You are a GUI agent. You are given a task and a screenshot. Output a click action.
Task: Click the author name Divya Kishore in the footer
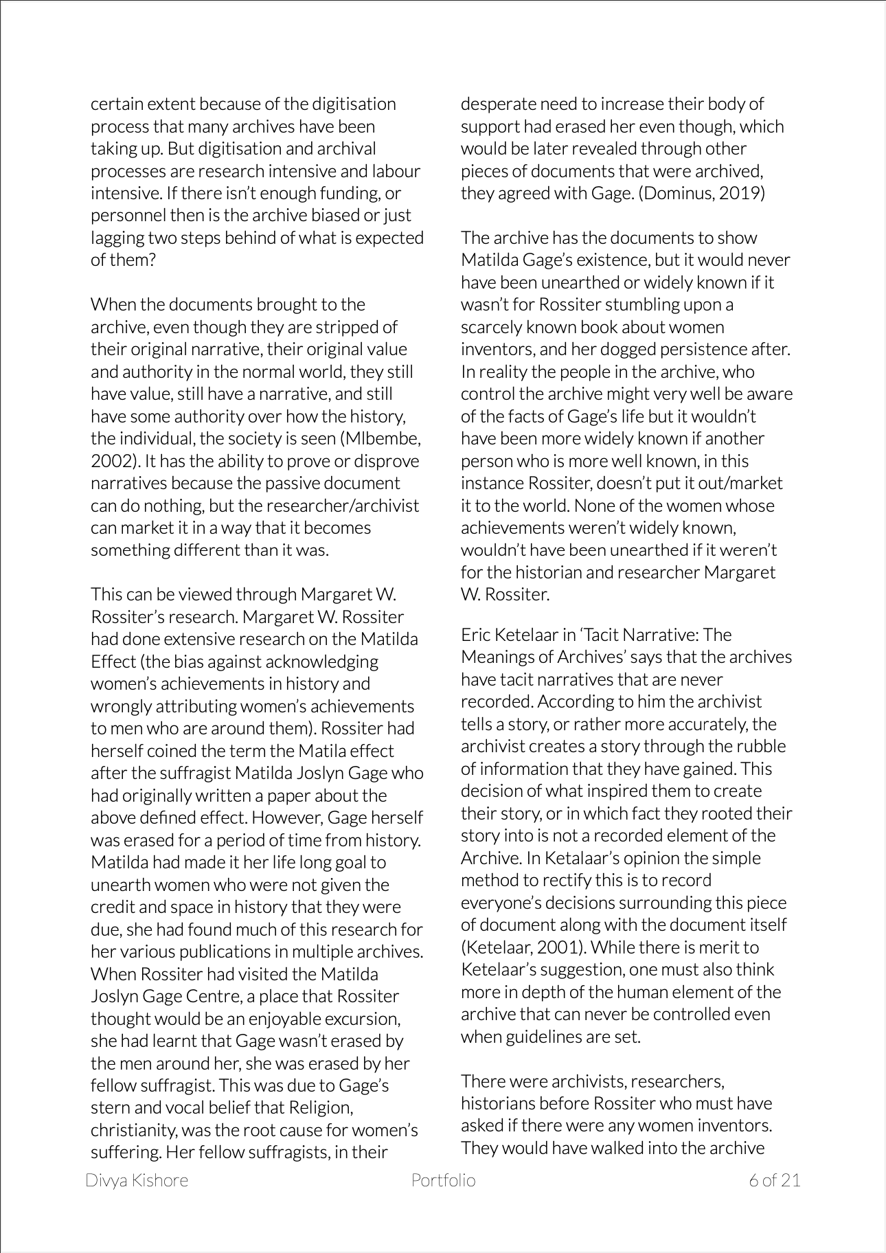[137, 1180]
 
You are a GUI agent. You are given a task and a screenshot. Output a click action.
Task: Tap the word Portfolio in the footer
[443, 1180]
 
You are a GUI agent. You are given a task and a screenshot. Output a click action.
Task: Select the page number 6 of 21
[774, 1180]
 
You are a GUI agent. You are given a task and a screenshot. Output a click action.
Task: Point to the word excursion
[361, 1018]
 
